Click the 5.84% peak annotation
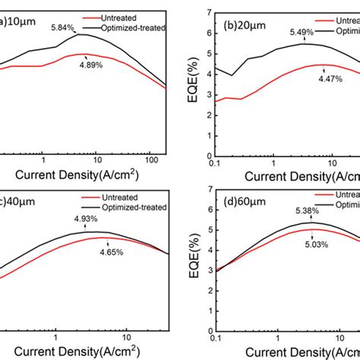click(64, 28)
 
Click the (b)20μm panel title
click(242, 13)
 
